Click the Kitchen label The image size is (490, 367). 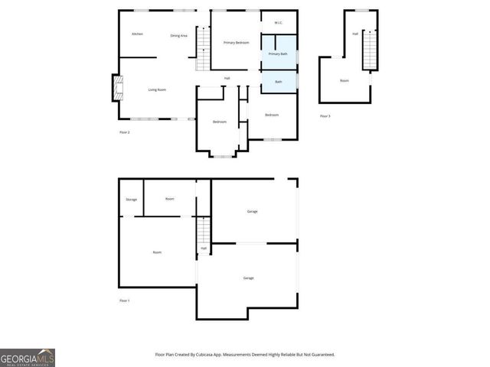(x=137, y=34)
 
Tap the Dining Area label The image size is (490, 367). (x=178, y=36)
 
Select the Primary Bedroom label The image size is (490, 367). (x=237, y=43)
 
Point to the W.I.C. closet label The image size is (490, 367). (x=279, y=23)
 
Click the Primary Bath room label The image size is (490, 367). (x=278, y=54)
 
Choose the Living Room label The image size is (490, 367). (x=157, y=90)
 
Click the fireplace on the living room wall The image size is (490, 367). (x=116, y=88)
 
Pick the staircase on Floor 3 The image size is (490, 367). (x=367, y=50)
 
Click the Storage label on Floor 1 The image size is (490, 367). (x=131, y=200)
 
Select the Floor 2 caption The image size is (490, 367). (x=124, y=133)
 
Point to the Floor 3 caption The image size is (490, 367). (x=325, y=116)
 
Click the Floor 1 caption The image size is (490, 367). (x=124, y=300)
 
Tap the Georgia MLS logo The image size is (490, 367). (x=28, y=358)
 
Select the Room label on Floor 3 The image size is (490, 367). (x=345, y=81)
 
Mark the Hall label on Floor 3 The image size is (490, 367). (x=355, y=34)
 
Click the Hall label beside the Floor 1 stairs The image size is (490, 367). (x=204, y=248)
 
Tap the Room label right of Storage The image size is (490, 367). (x=169, y=199)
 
